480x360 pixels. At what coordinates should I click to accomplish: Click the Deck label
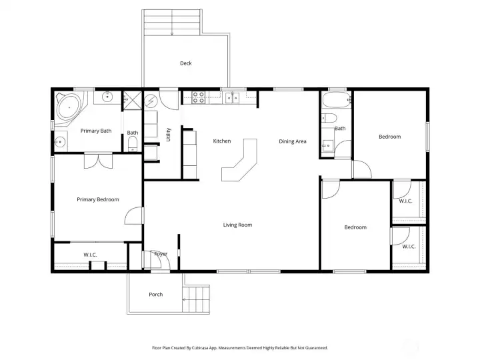coord(186,63)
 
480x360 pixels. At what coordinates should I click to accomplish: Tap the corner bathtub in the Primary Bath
coord(69,108)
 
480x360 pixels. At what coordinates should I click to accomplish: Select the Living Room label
coord(237,225)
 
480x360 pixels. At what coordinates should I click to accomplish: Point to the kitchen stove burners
coord(199,97)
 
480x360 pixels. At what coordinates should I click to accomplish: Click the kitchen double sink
coord(233,97)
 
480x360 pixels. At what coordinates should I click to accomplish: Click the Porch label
coord(156,295)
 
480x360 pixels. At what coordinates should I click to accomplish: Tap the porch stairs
coord(196,299)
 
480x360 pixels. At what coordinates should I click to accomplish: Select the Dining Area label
coord(293,141)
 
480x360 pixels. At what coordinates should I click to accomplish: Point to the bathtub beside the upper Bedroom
coord(337,99)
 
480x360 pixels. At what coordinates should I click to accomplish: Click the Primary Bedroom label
coord(98,199)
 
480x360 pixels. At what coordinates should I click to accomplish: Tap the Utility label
coord(169,135)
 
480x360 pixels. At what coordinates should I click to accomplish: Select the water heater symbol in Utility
coord(150,101)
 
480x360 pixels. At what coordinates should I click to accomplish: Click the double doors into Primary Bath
coord(98,161)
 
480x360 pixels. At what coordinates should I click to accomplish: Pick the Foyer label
coord(161,254)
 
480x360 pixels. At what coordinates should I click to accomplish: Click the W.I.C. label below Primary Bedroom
coord(90,255)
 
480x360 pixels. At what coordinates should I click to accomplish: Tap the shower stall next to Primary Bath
coord(133,101)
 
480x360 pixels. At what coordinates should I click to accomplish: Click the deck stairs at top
coord(172,23)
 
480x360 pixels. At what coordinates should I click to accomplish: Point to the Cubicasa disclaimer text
coord(240,348)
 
